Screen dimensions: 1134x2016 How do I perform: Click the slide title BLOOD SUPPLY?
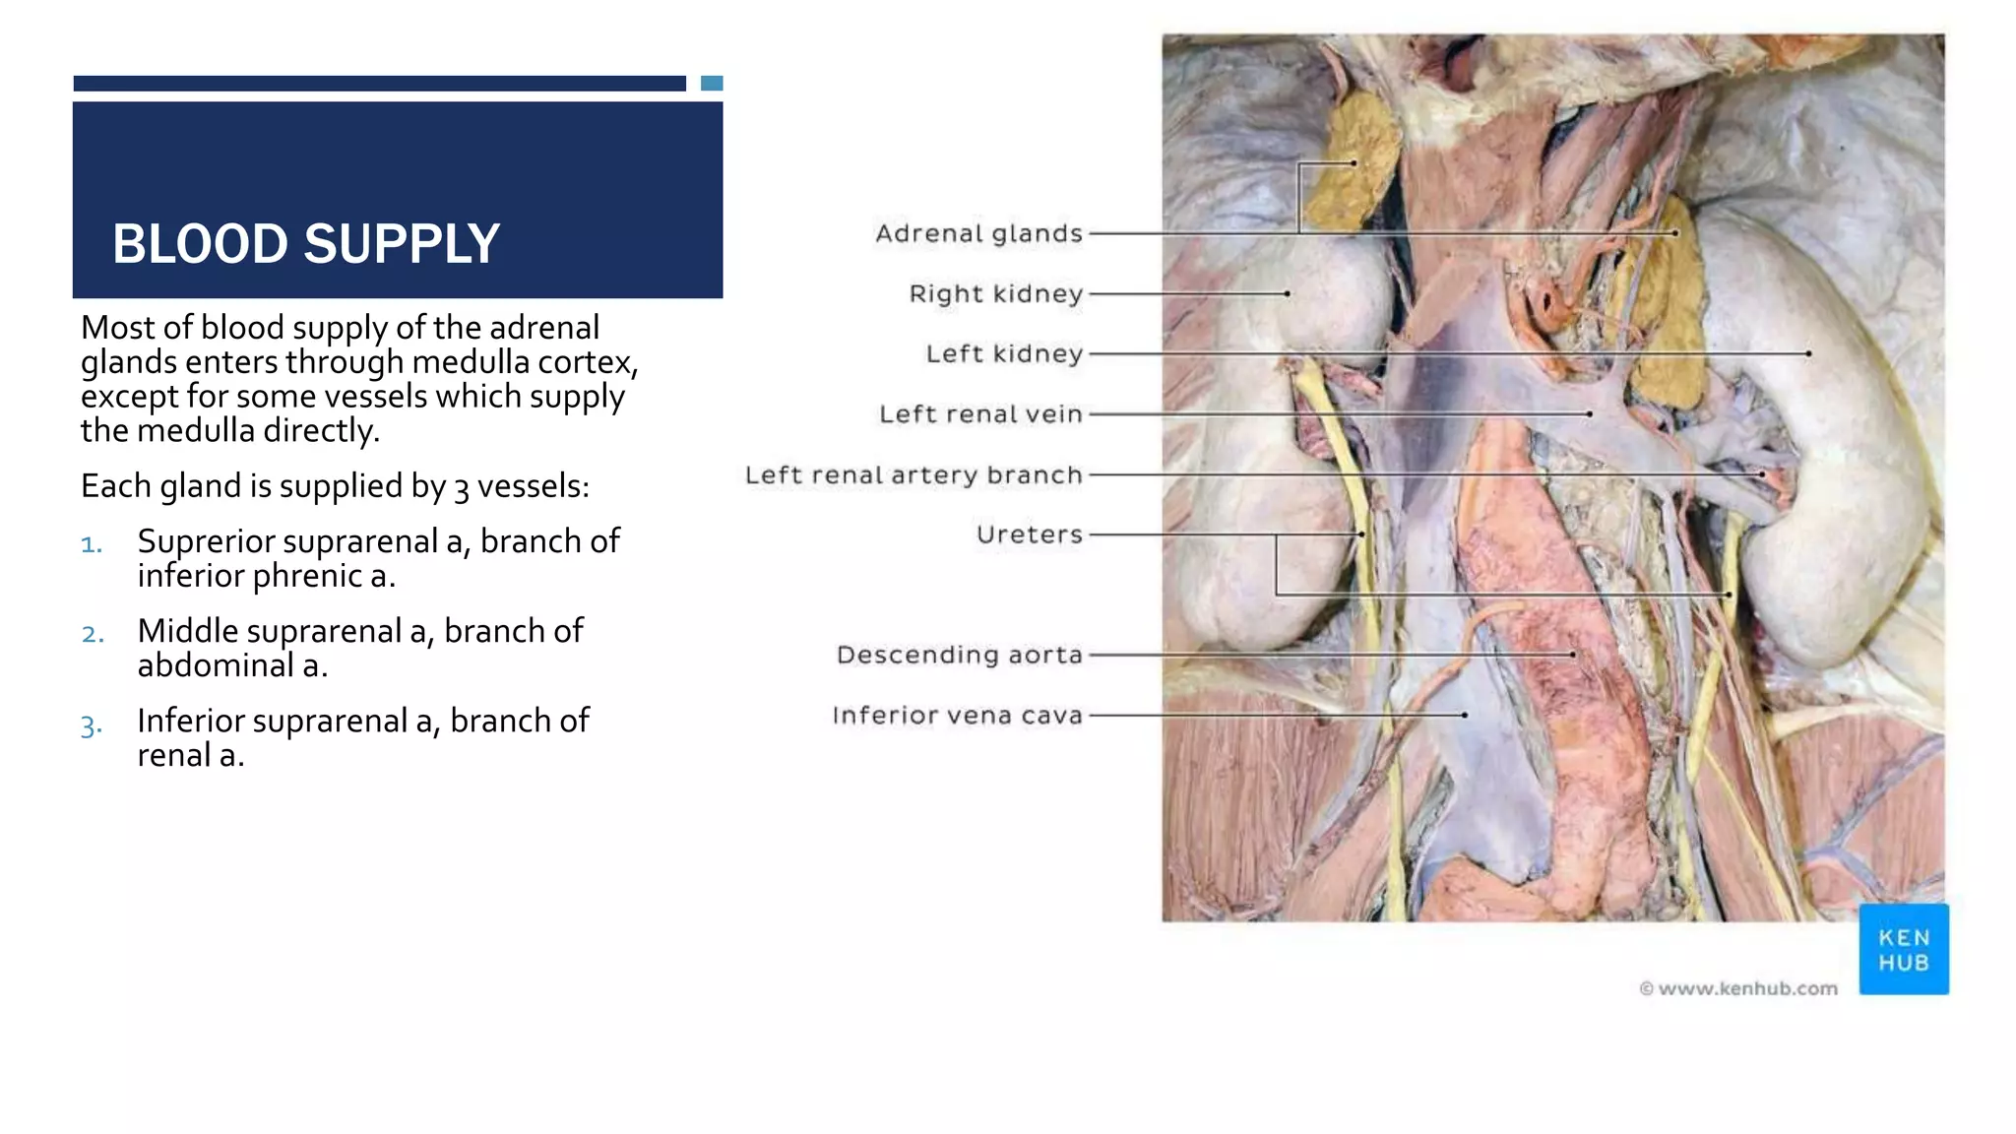pyautogui.click(x=306, y=244)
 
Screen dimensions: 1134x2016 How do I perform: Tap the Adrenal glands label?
pyautogui.click(x=978, y=233)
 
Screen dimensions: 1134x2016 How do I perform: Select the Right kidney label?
pyautogui.click(x=995, y=293)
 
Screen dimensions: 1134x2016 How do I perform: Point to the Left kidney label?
pyautogui.click(x=1004, y=353)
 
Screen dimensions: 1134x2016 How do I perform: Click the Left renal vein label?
pyautogui.click(x=980, y=414)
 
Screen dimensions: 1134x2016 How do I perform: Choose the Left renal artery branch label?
pyautogui.click(x=913, y=474)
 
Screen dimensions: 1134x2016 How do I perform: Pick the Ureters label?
pyautogui.click(x=1029, y=535)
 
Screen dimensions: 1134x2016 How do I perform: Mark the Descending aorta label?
pyautogui.click(x=959, y=655)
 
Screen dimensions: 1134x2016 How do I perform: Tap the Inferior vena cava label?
pyautogui.click(x=957, y=715)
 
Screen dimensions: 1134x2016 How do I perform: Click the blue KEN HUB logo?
pyautogui.click(x=1903, y=950)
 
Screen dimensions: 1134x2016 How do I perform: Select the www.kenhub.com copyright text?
pyautogui.click(x=1738, y=988)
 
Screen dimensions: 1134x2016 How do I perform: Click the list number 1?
pyautogui.click(x=92, y=544)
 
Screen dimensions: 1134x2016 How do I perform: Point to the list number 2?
pyautogui.click(x=93, y=634)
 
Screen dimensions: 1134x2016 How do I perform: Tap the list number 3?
pyautogui.click(x=92, y=726)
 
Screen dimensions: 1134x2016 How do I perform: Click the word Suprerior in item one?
pyautogui.click(x=192, y=541)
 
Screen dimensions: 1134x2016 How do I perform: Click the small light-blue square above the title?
pyautogui.click(x=712, y=84)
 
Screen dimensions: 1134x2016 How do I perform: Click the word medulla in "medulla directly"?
pyautogui.click(x=195, y=430)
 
